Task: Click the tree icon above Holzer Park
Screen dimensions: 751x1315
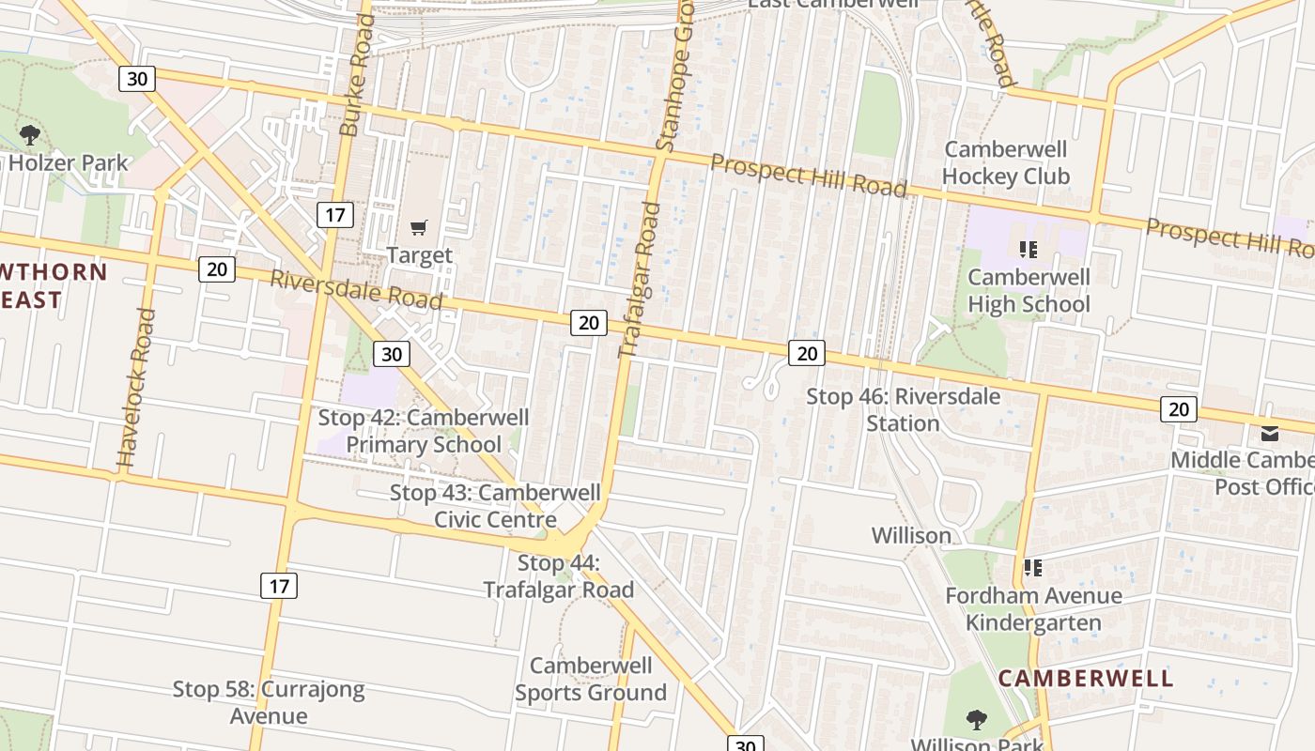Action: point(29,135)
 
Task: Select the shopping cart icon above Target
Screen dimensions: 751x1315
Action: point(419,227)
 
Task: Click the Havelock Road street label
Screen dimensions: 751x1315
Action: point(134,389)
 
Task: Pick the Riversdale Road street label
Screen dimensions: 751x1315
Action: point(356,289)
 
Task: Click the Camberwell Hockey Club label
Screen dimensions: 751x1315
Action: point(1005,162)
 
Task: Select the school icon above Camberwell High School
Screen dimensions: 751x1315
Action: point(1029,250)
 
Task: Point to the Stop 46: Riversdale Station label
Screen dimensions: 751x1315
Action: point(903,409)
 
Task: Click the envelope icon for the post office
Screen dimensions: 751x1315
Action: point(1270,433)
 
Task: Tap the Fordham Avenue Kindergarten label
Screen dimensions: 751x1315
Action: point(1033,608)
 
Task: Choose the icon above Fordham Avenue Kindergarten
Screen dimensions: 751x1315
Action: point(1033,568)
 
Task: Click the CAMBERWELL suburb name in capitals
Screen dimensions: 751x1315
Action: point(1086,678)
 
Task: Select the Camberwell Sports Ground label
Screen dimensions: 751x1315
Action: point(590,679)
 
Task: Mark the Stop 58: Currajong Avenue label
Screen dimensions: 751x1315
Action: point(269,702)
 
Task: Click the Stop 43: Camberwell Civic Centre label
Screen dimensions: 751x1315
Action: point(495,505)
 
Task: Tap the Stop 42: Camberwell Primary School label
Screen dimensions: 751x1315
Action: point(424,430)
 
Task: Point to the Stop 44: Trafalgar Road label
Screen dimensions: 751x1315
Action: point(559,575)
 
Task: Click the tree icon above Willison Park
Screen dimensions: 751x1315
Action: point(977,720)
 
